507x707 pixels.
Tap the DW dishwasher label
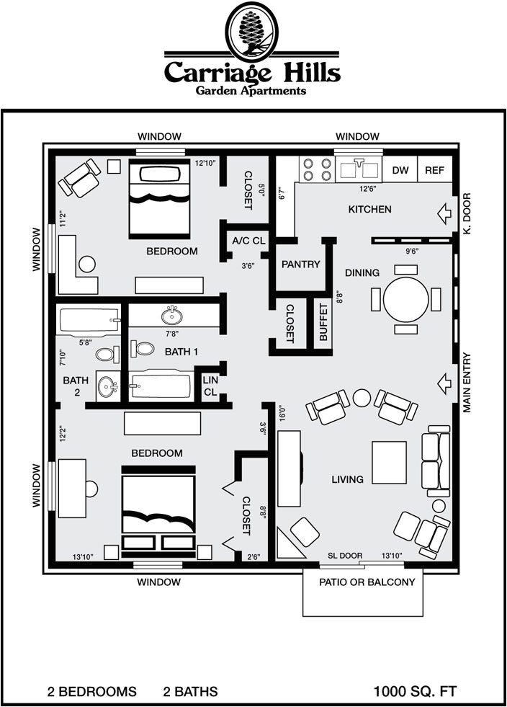click(400, 170)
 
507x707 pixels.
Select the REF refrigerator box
click(435, 169)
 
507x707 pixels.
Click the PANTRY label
click(300, 264)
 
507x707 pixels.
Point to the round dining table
click(405, 299)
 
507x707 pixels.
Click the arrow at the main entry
click(445, 383)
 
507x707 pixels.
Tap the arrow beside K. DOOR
click(445, 214)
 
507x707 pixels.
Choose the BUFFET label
click(323, 322)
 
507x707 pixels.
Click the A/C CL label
click(248, 241)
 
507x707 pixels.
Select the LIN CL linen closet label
click(210, 386)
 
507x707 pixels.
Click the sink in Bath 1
click(172, 315)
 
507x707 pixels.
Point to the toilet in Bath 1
click(143, 348)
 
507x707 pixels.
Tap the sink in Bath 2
click(108, 387)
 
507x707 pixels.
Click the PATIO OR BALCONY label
click(367, 582)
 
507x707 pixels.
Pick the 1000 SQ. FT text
click(415, 691)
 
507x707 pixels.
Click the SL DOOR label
click(345, 556)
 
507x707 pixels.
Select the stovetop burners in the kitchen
click(316, 169)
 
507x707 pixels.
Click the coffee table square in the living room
click(389, 463)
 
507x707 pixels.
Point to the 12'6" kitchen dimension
click(368, 189)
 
